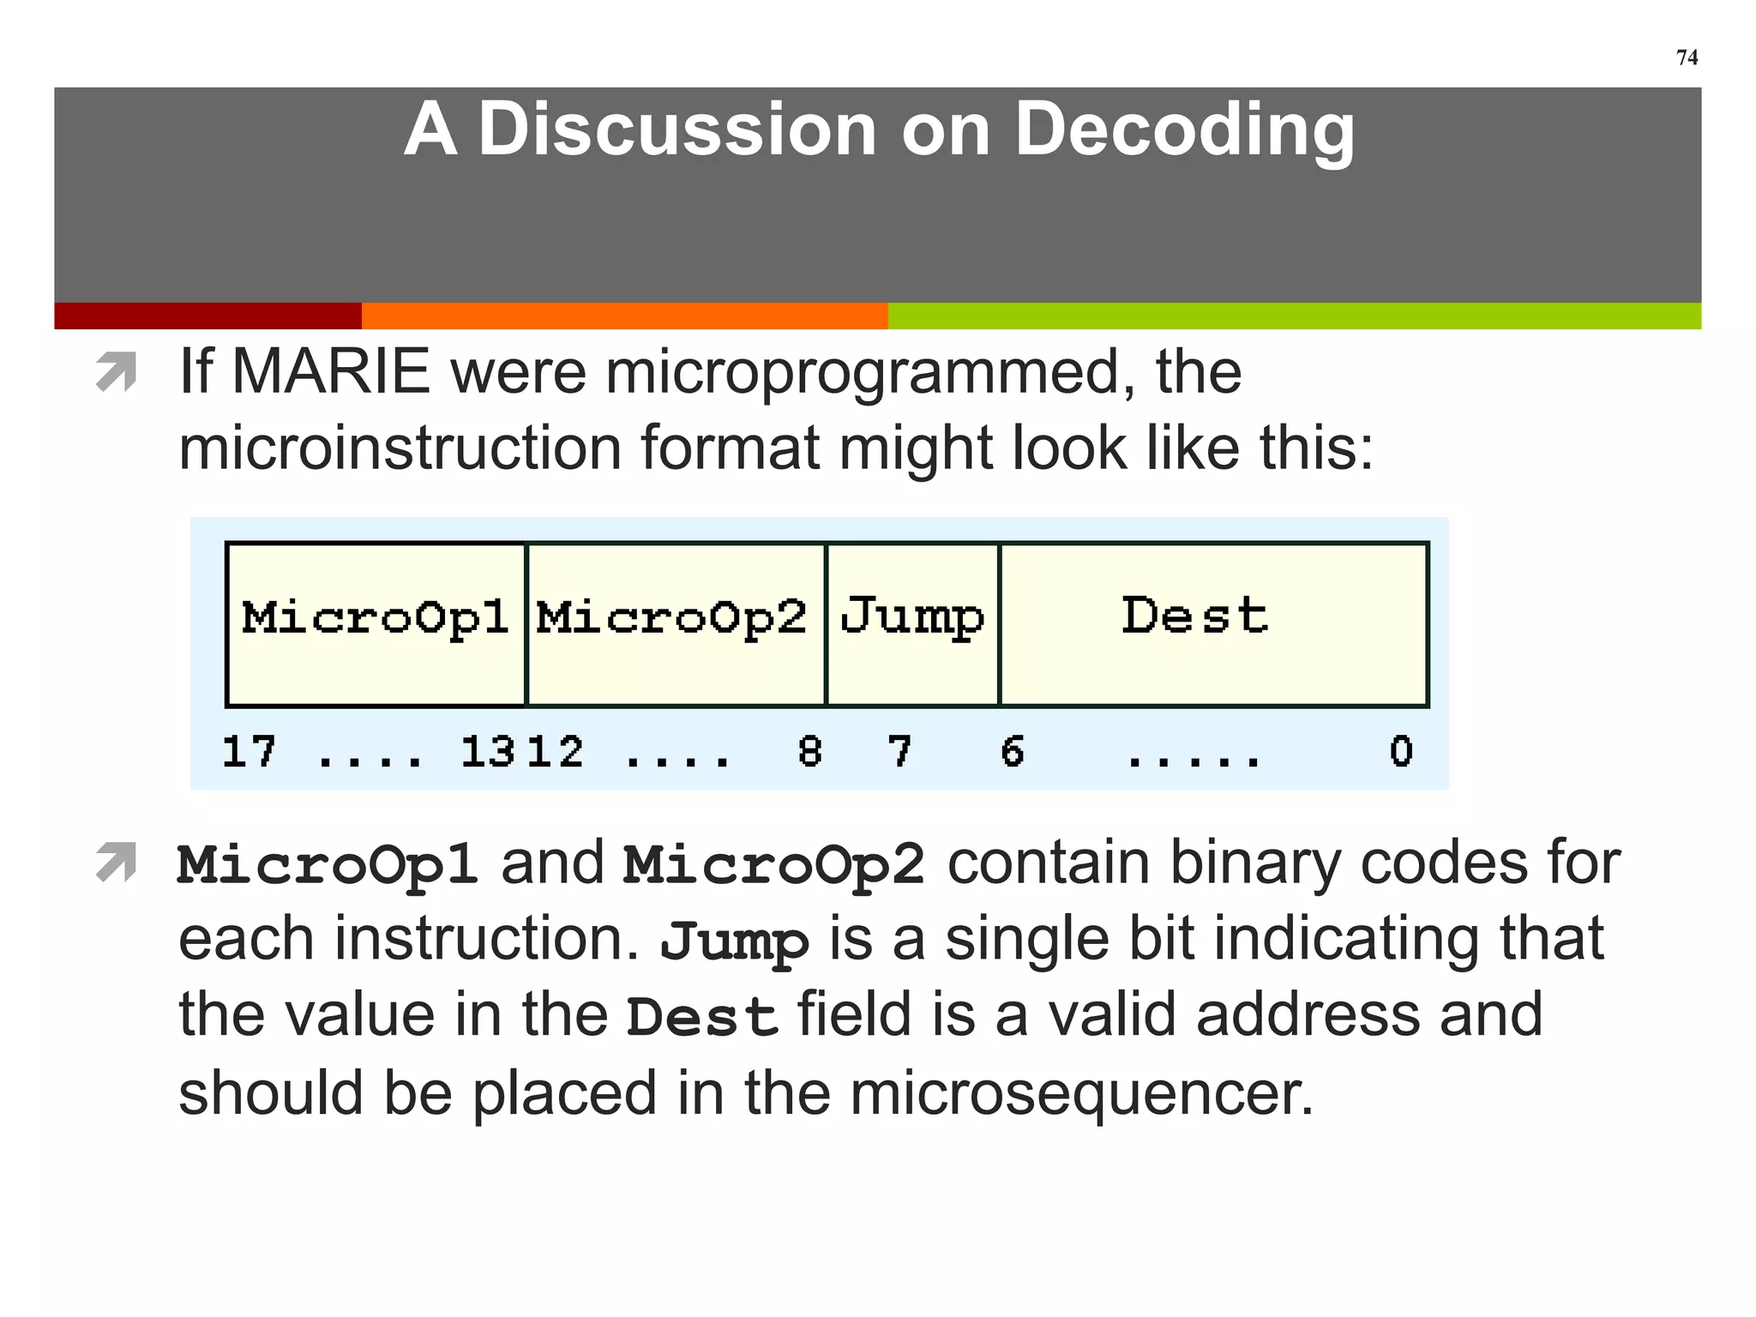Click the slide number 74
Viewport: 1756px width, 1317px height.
(1687, 57)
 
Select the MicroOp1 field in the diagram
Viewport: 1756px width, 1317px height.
(376, 623)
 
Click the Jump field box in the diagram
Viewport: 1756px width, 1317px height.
(912, 623)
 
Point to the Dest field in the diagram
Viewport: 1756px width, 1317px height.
(1212, 623)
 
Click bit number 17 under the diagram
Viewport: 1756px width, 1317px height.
(249, 752)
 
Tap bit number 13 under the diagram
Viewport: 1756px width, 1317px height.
(485, 752)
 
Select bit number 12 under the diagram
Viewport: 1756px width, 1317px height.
(556, 752)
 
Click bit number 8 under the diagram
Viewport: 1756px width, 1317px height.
(809, 752)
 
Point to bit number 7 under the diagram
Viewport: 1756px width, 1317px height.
(899, 752)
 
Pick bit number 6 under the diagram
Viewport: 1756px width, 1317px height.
(1013, 752)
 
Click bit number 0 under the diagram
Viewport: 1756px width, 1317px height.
(1401, 752)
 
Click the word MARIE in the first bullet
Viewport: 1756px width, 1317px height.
(331, 372)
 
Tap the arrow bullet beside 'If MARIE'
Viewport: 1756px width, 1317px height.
(117, 372)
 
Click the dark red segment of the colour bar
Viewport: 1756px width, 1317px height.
(207, 316)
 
